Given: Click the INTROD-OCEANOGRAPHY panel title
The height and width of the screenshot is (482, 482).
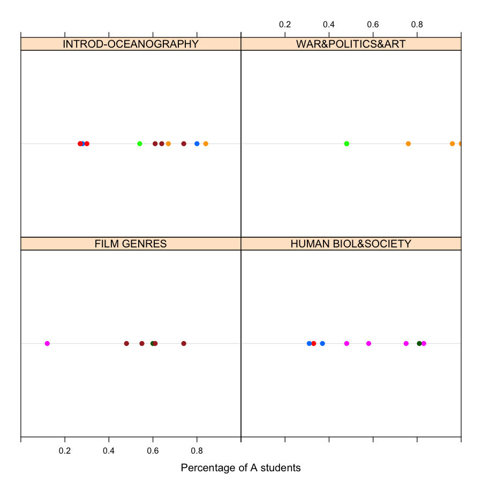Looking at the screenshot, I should click(x=131, y=44).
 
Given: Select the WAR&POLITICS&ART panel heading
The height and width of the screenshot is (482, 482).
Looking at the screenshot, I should click(x=351, y=44).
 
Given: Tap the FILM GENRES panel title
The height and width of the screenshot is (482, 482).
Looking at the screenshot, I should click(x=131, y=244).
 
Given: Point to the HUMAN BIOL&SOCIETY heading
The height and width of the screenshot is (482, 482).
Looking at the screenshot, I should click(x=351, y=244).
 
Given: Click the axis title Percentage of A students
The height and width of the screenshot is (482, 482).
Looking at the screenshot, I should click(x=240, y=468).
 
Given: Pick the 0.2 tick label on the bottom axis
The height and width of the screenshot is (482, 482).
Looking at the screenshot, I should click(x=65, y=451).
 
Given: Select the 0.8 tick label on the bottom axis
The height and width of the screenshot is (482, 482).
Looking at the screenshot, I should click(x=197, y=451).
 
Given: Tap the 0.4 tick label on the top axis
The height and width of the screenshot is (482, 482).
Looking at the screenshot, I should click(x=329, y=25).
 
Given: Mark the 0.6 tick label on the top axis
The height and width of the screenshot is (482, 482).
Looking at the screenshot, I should click(x=373, y=25).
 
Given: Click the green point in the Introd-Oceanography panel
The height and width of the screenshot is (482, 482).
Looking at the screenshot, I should click(x=140, y=144).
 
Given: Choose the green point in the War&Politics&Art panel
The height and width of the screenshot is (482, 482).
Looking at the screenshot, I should click(x=347, y=144).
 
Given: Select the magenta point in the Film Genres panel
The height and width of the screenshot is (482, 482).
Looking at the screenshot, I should click(x=47, y=343).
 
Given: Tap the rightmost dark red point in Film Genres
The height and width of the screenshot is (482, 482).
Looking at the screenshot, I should click(x=184, y=343).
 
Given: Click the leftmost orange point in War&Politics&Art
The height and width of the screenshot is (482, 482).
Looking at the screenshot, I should click(x=408, y=144).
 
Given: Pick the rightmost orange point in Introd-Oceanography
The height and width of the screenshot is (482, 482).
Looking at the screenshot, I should click(x=206, y=144).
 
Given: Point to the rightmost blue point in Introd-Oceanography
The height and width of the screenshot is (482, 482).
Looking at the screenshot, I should click(x=197, y=144).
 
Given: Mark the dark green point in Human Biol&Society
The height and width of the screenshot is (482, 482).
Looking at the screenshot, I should click(x=419, y=343).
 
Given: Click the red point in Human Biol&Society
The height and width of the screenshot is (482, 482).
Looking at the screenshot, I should click(x=314, y=343).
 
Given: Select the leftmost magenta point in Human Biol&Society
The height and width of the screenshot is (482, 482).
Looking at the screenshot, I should click(x=347, y=343).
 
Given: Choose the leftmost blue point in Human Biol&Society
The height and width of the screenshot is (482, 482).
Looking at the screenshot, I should click(x=309, y=343).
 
